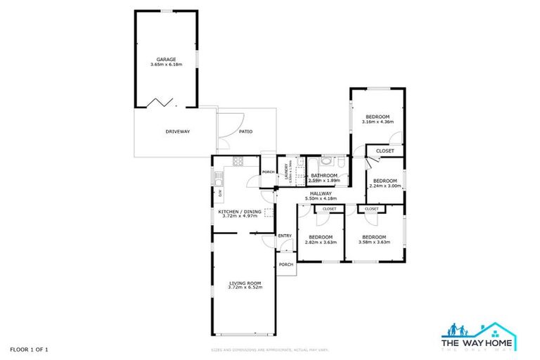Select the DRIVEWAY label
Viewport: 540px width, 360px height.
tap(178, 131)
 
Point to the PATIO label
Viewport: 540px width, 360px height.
tap(245, 131)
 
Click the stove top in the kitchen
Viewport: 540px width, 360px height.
tap(238, 162)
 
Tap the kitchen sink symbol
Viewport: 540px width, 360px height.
tap(219, 175)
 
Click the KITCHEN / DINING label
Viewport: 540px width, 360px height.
tap(241, 211)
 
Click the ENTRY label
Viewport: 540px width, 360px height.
tap(285, 236)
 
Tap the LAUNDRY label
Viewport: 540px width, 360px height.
tap(286, 172)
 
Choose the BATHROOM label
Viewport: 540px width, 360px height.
tap(324, 175)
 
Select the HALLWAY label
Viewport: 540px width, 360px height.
tap(321, 193)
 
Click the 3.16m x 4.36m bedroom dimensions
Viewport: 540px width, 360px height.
tap(377, 122)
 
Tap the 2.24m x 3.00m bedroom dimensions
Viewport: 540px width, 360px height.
tap(385, 185)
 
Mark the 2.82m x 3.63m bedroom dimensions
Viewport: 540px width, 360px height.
tap(321, 242)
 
